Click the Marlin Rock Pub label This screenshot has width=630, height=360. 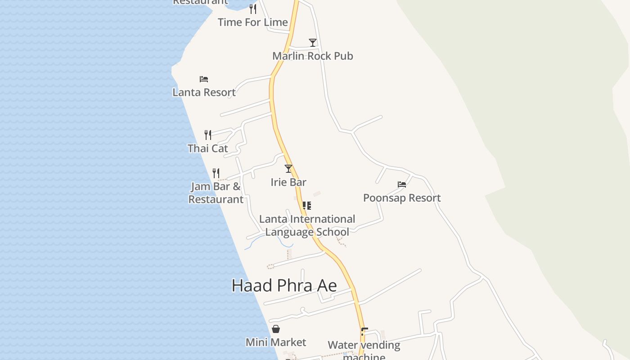point(313,56)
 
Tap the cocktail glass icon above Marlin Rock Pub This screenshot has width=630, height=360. point(313,43)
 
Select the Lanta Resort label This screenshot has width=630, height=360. point(204,92)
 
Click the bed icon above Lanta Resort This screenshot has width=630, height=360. point(204,79)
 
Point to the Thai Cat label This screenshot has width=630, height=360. point(207,148)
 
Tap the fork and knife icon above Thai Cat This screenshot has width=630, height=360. point(208,135)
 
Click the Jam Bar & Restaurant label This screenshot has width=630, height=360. point(216,193)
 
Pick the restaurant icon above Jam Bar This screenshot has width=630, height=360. point(216,173)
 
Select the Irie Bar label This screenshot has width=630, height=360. point(288,182)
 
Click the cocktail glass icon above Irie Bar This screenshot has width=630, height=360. point(288,169)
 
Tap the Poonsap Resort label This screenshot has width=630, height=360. point(402,198)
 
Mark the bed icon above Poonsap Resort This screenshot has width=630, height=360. point(402,184)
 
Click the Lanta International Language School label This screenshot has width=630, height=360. point(307,225)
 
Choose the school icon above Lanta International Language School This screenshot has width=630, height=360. point(307,206)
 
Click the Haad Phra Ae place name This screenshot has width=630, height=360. point(284,286)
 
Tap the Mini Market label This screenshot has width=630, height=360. point(276,342)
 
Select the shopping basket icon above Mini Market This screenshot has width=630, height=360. point(276,329)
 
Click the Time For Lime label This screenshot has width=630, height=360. point(253,22)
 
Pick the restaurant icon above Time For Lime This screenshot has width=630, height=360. point(253,9)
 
